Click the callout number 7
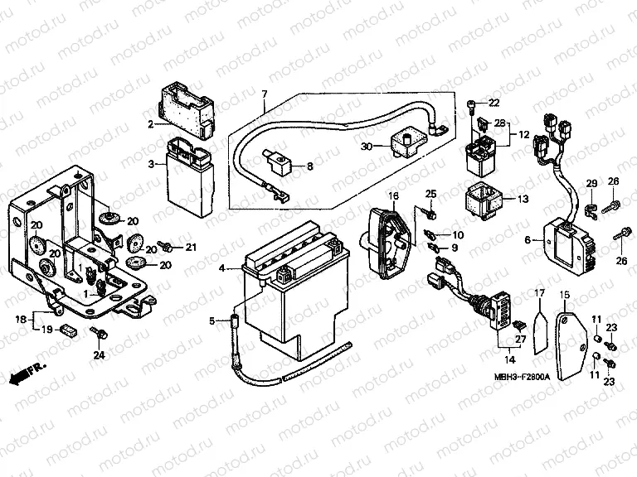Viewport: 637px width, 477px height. click(x=265, y=94)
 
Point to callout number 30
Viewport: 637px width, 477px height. click(x=367, y=147)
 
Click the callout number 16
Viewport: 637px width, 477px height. click(x=394, y=195)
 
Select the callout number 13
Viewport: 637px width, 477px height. click(x=522, y=200)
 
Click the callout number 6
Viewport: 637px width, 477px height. click(x=528, y=239)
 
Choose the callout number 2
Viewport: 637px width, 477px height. click(x=152, y=125)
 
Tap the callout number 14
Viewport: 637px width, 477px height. click(x=509, y=360)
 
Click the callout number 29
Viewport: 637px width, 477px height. click(x=592, y=183)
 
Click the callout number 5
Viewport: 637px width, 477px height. click(x=212, y=320)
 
